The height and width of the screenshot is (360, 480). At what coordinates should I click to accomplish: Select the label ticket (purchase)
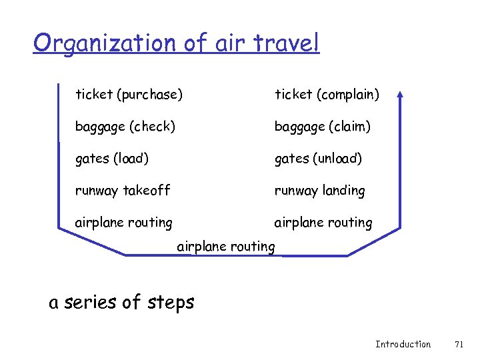(129, 95)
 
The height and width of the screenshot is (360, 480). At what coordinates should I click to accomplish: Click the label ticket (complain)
(327, 95)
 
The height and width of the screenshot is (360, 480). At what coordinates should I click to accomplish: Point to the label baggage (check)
(125, 126)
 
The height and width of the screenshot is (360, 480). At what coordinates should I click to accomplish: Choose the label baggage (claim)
(323, 126)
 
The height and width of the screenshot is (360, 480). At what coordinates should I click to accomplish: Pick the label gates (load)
(112, 159)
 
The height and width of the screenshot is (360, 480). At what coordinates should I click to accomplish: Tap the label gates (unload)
(319, 159)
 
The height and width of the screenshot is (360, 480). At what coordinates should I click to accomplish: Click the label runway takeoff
(123, 191)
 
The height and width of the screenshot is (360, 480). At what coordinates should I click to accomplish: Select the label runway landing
(320, 191)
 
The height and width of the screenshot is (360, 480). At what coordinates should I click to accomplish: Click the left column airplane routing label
(124, 223)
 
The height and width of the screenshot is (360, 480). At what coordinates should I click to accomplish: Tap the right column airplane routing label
(323, 223)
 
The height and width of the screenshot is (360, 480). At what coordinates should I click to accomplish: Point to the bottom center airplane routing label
(226, 247)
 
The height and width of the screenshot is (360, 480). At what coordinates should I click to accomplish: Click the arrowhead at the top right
(400, 96)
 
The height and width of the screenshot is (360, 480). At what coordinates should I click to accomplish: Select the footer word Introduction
(403, 344)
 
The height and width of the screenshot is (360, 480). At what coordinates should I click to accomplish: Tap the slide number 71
(458, 344)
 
